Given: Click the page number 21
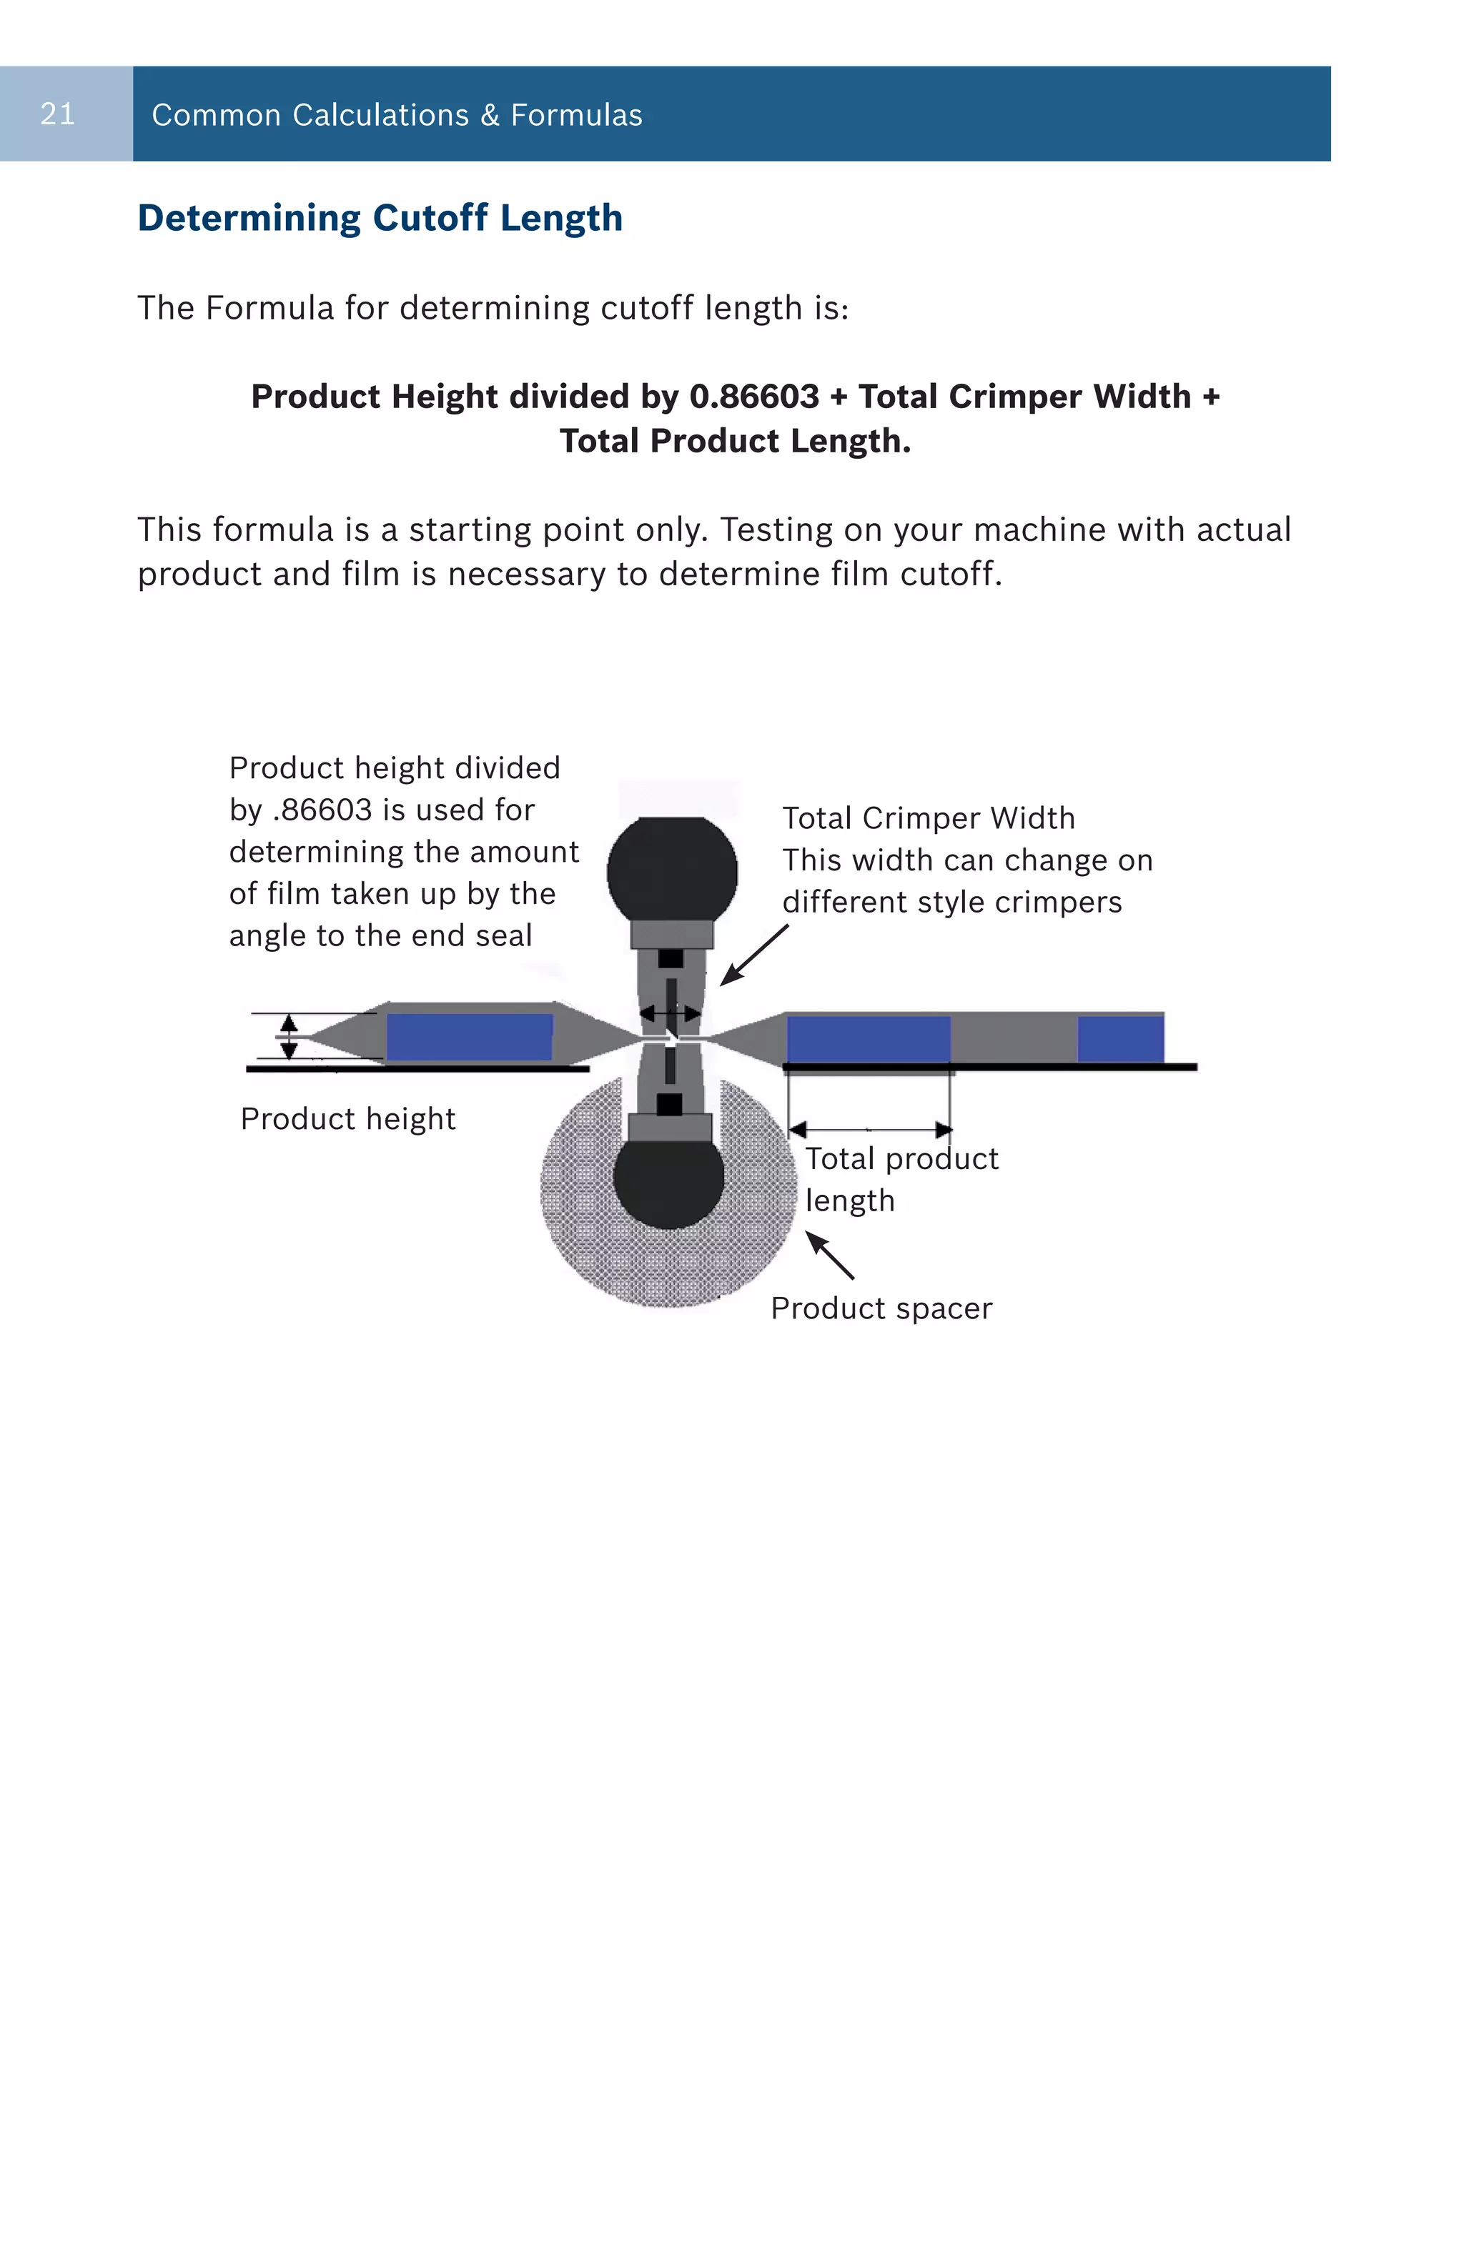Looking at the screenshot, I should [x=57, y=114].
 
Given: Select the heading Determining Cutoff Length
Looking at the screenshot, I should [x=380, y=217].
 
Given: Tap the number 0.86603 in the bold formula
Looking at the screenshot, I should [x=753, y=396].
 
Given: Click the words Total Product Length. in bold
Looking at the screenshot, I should [x=734, y=441].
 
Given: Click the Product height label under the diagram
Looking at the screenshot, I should [x=347, y=1118].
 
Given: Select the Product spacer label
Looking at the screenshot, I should [x=881, y=1308].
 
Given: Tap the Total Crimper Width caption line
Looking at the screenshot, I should [x=928, y=818].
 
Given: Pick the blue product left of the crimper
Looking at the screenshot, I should [x=470, y=1035].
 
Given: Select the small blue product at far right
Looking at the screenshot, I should [x=1120, y=1038].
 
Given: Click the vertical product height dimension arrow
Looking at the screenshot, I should [x=289, y=1036].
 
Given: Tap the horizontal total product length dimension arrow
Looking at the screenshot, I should [x=869, y=1130].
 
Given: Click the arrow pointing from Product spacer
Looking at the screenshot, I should [x=831, y=1255].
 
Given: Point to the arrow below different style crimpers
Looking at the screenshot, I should [x=753, y=955].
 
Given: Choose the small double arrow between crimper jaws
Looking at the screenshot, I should [x=670, y=1013].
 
